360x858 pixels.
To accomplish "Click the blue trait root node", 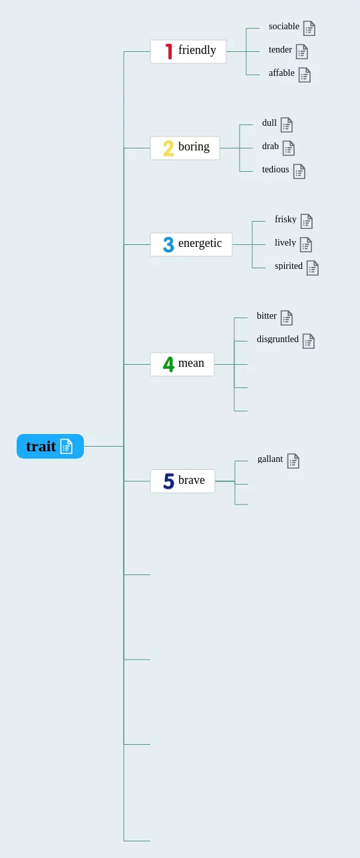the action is (x=50, y=446).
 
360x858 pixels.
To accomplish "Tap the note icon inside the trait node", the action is (x=67, y=446).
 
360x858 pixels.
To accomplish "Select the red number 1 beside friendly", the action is (x=168, y=51).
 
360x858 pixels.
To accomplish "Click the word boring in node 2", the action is (x=194, y=147).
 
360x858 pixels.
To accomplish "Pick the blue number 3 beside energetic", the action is (x=168, y=244).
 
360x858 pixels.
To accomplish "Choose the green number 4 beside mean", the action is (x=168, y=364).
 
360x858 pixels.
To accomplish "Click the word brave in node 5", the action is (x=192, y=481).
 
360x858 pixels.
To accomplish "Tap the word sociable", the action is (x=283, y=27).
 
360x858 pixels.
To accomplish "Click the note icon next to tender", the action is (x=302, y=52).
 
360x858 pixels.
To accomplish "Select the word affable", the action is (x=281, y=73).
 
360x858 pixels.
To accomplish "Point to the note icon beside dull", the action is (x=286, y=125).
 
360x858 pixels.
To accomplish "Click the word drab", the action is (x=270, y=146).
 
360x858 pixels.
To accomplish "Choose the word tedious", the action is (x=275, y=170).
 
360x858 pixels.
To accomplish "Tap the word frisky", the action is (x=285, y=220).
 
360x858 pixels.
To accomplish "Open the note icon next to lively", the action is (x=305, y=245).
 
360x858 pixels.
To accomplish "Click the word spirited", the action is (x=288, y=266).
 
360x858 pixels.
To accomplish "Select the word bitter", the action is (x=267, y=316).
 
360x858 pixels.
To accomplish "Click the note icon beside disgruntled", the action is (x=308, y=341).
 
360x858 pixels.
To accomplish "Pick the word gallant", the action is (x=270, y=459).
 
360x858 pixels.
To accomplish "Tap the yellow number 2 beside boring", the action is (x=168, y=148).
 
